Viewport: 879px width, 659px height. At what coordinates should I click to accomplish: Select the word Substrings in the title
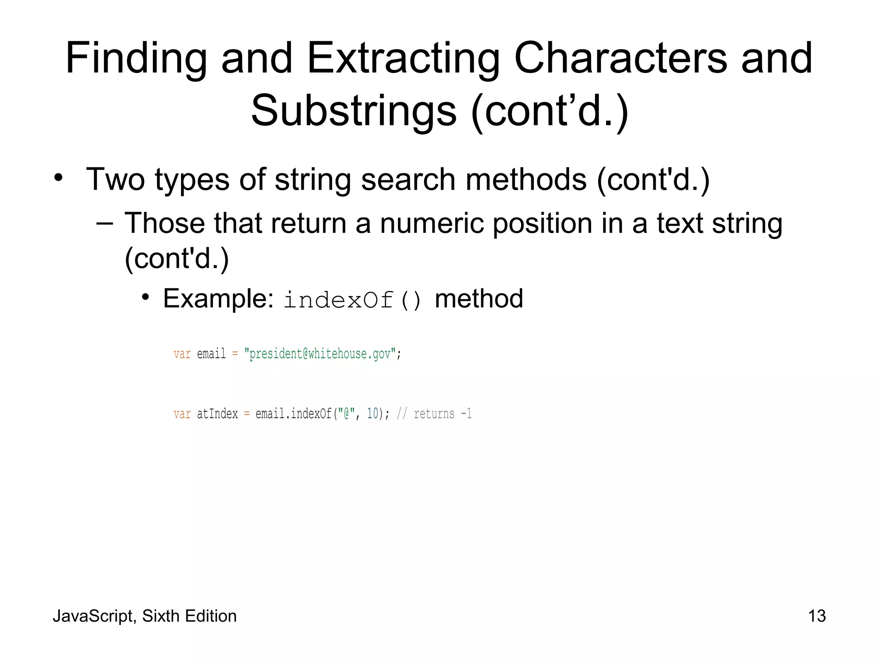click(x=354, y=111)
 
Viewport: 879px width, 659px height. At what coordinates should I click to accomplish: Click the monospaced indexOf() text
click(x=353, y=299)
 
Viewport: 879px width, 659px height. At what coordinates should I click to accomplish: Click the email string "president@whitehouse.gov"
click(x=320, y=354)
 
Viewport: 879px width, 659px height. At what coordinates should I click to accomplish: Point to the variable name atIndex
click(x=217, y=414)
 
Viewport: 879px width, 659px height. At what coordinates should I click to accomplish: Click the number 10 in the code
click(x=373, y=414)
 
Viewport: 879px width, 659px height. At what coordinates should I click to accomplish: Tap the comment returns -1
click(x=442, y=414)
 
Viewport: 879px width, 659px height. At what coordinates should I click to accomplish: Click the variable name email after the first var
click(x=211, y=354)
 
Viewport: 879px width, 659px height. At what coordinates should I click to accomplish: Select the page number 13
click(x=817, y=616)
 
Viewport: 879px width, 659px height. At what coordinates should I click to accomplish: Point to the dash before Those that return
click(x=105, y=223)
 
